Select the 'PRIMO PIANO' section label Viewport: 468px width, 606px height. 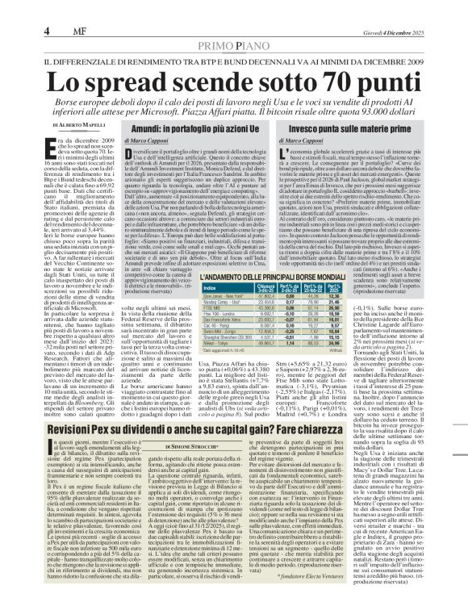(x=234, y=48)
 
